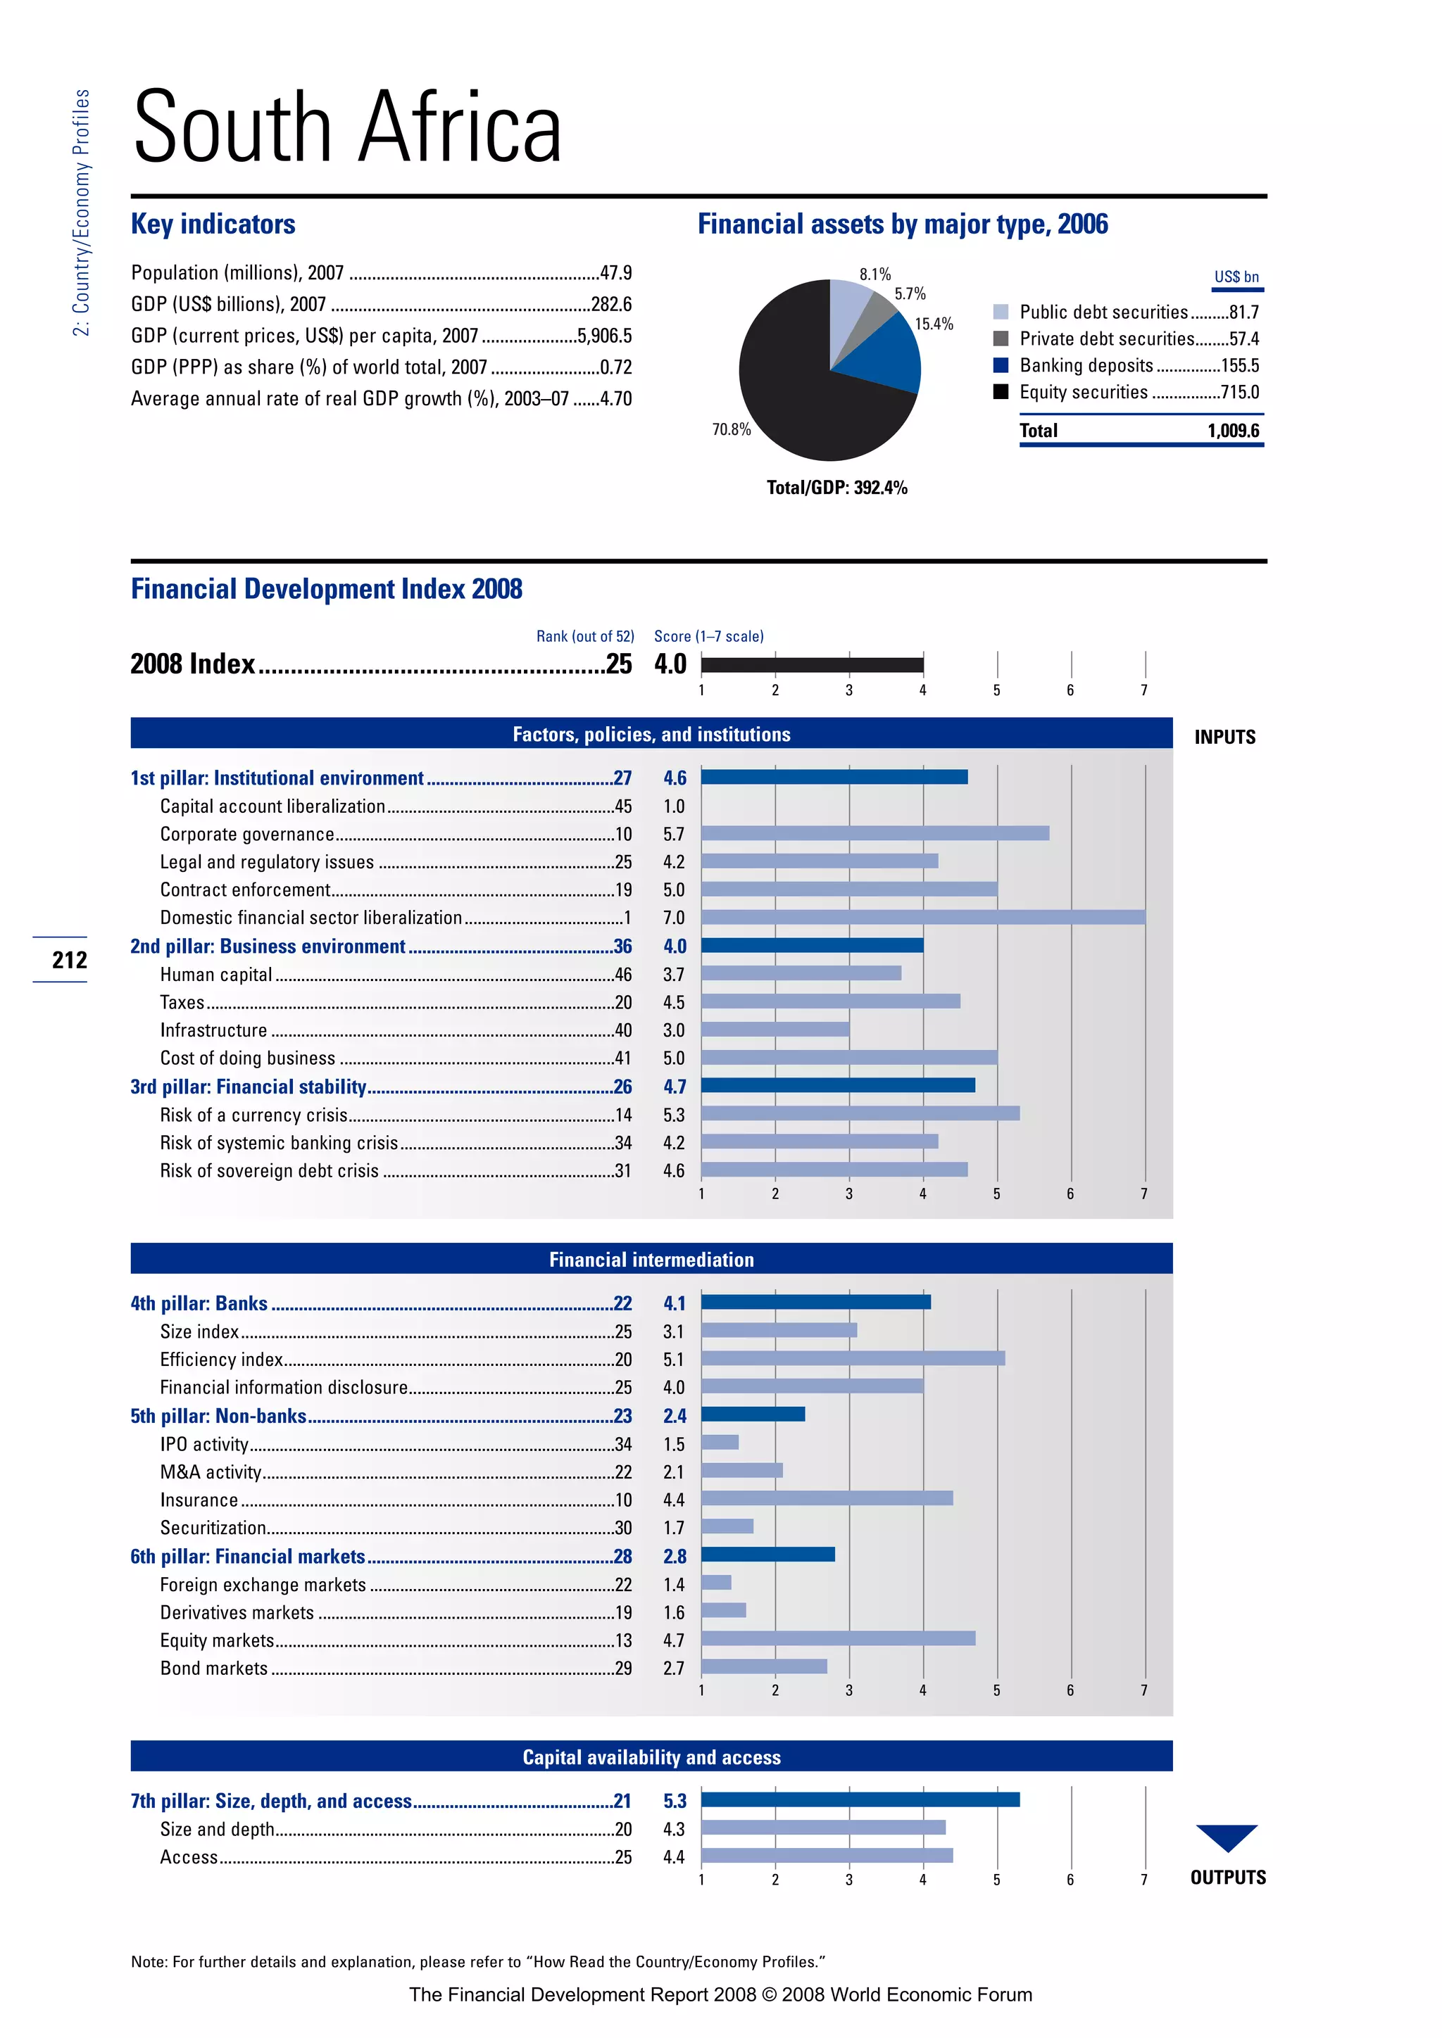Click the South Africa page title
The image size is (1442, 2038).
pos(347,128)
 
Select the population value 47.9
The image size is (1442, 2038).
pos(615,272)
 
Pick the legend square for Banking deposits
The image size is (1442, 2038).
pos(1000,365)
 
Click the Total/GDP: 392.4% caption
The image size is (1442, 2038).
pos(836,487)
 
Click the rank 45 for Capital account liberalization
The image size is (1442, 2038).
pos(623,806)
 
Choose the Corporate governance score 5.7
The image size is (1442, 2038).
pos(674,835)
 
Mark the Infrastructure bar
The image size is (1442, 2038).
pos(775,1030)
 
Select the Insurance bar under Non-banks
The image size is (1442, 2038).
pos(827,1498)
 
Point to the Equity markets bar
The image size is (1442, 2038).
pos(838,1638)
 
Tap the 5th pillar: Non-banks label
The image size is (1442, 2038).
pos(218,1416)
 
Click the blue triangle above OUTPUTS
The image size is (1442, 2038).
pos(1227,1835)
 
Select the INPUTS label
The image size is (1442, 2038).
pos(1224,737)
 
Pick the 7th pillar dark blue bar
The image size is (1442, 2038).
pos(860,1799)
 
